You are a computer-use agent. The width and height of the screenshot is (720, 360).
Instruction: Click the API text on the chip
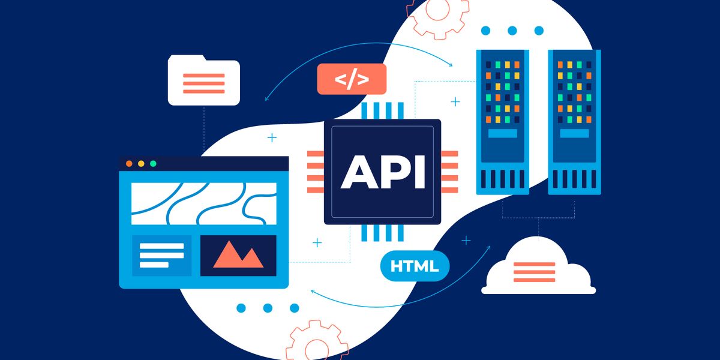(x=383, y=172)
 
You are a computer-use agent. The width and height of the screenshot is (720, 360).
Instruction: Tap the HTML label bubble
(x=415, y=266)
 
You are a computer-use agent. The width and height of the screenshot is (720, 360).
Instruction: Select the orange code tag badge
(x=352, y=79)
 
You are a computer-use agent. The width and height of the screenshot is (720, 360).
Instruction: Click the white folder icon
(x=204, y=81)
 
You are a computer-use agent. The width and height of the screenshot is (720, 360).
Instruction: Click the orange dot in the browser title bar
(x=129, y=163)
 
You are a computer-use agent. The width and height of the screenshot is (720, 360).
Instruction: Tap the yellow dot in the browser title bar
(x=141, y=163)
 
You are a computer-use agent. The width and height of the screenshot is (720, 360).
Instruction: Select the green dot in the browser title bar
(x=153, y=163)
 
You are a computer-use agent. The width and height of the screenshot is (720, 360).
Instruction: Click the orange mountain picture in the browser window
(x=238, y=255)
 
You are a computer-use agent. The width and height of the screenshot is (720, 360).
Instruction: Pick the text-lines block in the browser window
(x=161, y=255)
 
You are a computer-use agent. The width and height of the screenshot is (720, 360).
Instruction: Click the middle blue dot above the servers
(x=512, y=31)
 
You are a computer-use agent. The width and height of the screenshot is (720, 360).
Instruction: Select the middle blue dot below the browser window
(x=268, y=308)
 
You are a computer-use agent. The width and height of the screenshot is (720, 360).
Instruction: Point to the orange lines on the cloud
(x=533, y=272)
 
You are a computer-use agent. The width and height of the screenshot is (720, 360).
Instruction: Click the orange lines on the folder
(x=204, y=83)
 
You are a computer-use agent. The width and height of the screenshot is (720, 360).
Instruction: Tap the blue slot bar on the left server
(x=503, y=134)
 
